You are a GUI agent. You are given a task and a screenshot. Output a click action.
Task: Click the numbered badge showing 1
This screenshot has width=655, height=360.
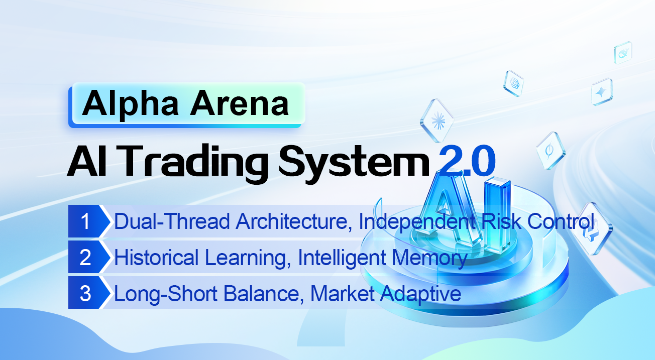[x=85, y=221]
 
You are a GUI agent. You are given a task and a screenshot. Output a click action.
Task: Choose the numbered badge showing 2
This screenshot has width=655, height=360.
[x=85, y=258]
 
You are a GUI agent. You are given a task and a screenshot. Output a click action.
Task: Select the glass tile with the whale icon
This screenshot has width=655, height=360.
[x=623, y=52]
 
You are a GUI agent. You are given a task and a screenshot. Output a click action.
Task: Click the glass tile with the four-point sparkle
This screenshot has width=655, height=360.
[x=601, y=91]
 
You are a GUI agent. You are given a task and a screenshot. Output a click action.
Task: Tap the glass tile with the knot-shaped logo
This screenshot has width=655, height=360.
[x=514, y=83]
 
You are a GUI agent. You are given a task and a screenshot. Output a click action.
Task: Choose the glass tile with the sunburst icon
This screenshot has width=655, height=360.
[x=436, y=121]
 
